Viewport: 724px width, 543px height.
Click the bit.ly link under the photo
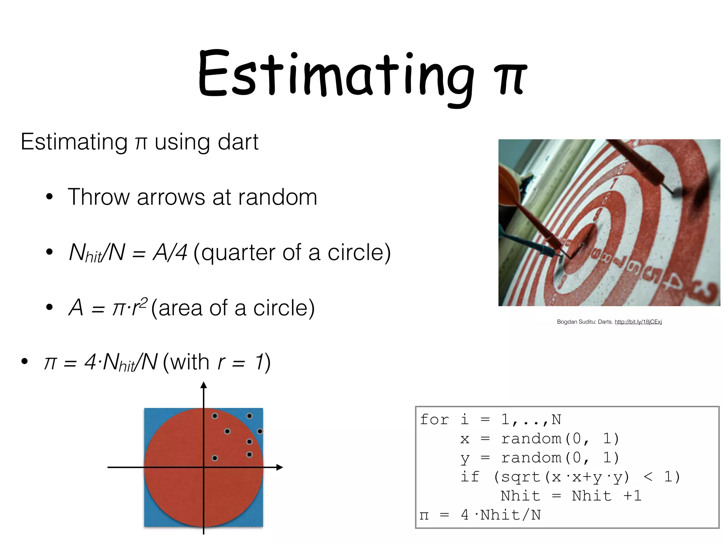[x=638, y=322]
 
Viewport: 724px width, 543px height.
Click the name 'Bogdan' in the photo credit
[x=566, y=322]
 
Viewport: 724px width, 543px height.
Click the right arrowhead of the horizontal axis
[x=280, y=467]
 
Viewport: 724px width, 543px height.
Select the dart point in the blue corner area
[x=260, y=431]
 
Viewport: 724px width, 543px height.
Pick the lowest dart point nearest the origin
[x=215, y=458]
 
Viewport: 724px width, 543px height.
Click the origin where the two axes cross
[x=204, y=467]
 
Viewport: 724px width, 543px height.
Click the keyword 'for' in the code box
[x=434, y=420]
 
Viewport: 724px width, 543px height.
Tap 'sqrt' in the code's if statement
[x=521, y=477]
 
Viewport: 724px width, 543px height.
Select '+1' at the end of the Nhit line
[x=632, y=496]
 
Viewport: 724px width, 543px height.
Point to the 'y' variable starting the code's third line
[x=465, y=459]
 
